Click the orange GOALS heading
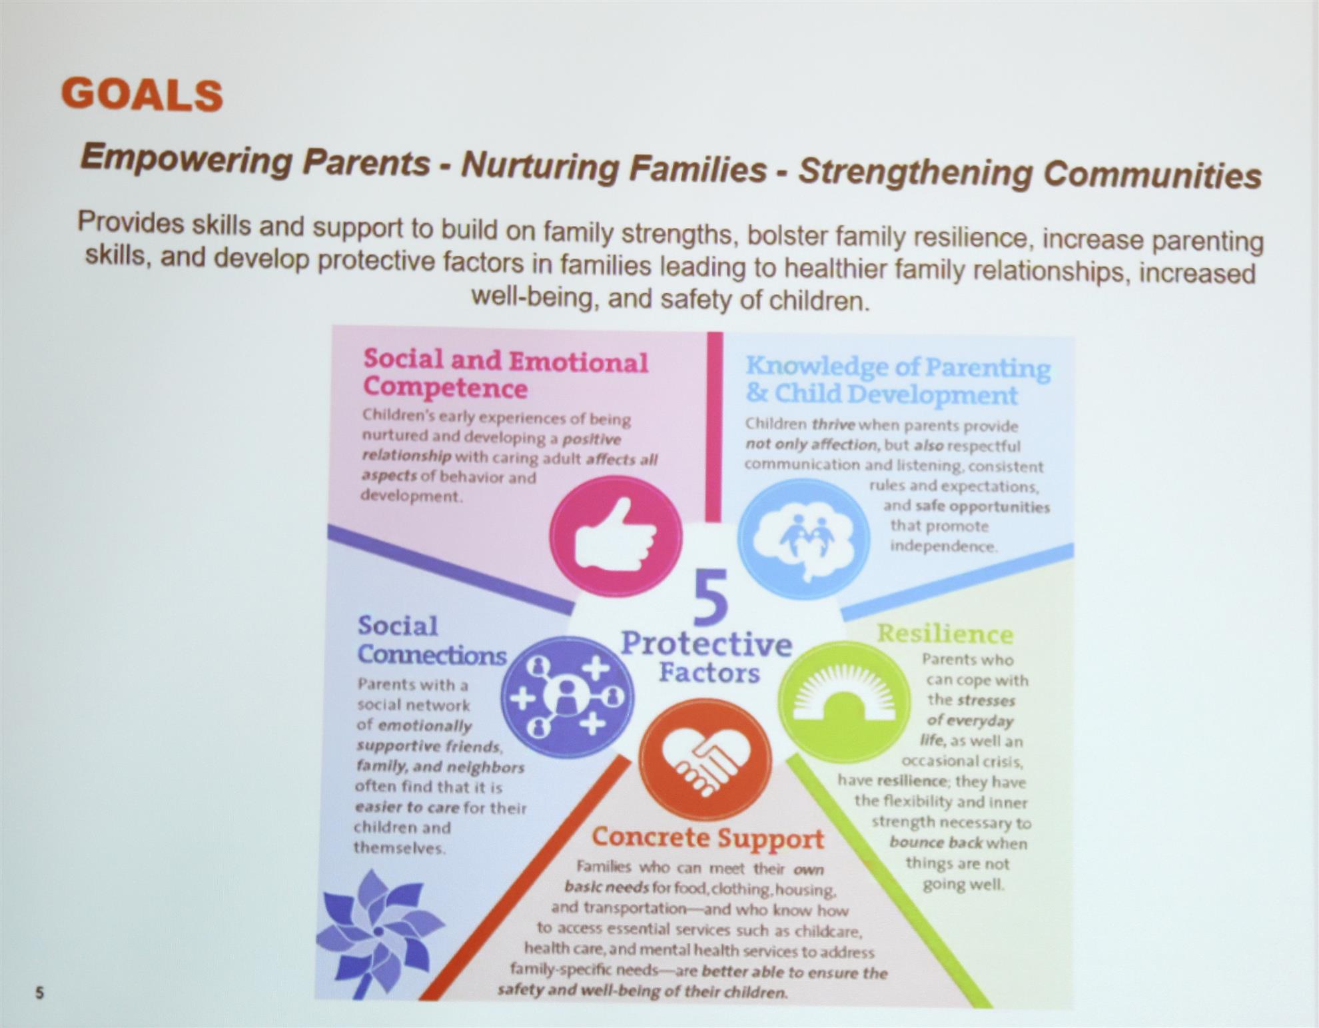pos(142,95)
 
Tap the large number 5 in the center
pos(710,597)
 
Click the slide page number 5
pos(39,993)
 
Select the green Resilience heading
pos(945,634)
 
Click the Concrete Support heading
pos(707,838)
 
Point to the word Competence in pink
pos(445,388)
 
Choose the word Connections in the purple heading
pos(432,654)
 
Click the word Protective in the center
pos(707,644)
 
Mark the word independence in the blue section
pos(943,546)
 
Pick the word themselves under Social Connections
pos(399,847)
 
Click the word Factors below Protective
pos(709,673)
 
